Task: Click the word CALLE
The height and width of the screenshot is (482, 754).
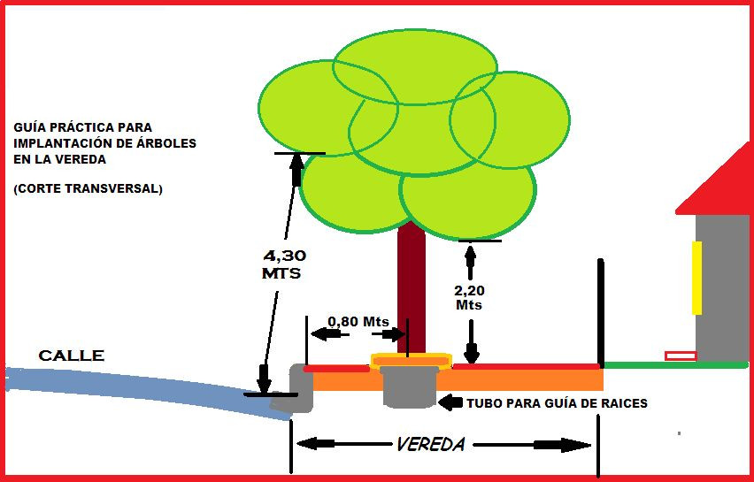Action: pyautogui.click(x=71, y=356)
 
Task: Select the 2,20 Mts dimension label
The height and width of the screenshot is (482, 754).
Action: pyautogui.click(x=470, y=296)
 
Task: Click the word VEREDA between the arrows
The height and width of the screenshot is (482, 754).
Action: pyautogui.click(x=430, y=444)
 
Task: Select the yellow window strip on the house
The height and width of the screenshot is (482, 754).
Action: pyautogui.click(x=696, y=278)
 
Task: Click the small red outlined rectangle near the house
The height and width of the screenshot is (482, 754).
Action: pyautogui.click(x=681, y=356)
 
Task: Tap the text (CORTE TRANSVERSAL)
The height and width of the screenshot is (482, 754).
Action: pyautogui.click(x=88, y=188)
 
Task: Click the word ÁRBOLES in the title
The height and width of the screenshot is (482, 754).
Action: pyautogui.click(x=165, y=143)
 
